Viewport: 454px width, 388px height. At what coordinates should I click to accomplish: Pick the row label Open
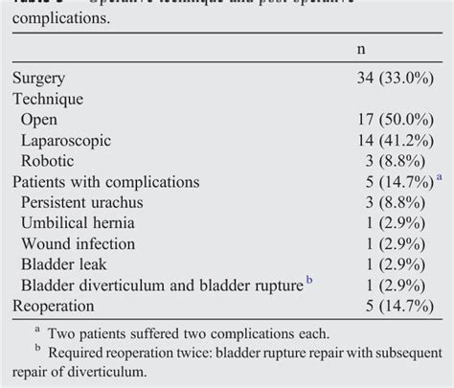[39, 120]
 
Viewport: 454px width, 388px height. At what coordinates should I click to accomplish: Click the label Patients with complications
[106, 181]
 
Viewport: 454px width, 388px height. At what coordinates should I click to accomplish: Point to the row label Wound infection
[79, 243]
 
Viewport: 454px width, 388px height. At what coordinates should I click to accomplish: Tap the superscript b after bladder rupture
[310, 280]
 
